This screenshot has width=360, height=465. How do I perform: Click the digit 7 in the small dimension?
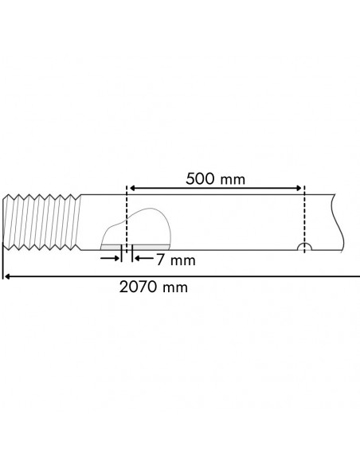pyautogui.click(x=161, y=260)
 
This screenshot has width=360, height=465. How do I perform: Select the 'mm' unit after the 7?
pyautogui.click(x=182, y=260)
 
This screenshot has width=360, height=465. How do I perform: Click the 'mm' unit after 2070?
pyautogui.click(x=175, y=287)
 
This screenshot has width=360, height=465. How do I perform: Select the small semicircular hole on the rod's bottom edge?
pyautogui.click(x=303, y=247)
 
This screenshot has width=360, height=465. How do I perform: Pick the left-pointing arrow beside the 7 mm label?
pyautogui.click(x=138, y=258)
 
